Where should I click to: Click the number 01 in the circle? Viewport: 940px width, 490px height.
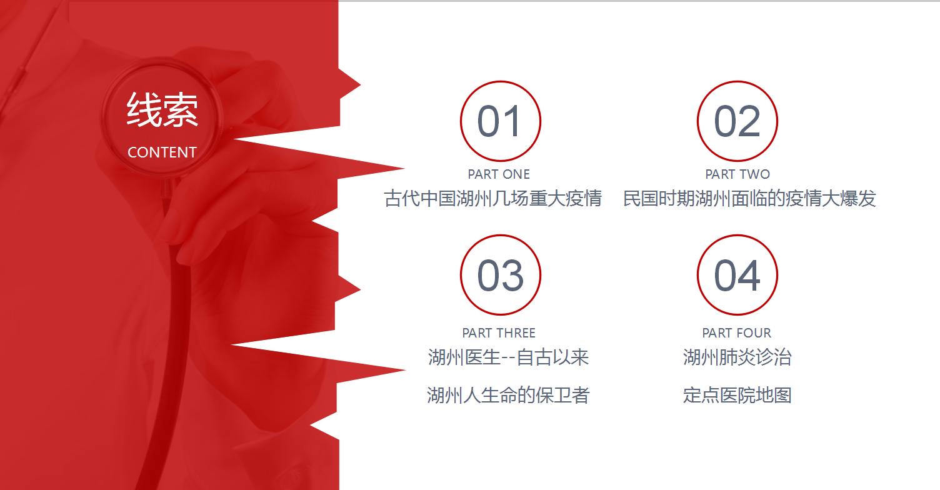pyautogui.click(x=499, y=121)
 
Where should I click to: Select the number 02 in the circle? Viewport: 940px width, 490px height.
pyautogui.click(x=737, y=121)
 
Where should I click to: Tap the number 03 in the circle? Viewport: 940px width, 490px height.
pyautogui.click(x=500, y=276)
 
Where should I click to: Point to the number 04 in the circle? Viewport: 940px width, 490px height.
pyautogui.click(x=737, y=276)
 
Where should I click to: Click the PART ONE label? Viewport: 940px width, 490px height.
pyautogui.click(x=499, y=174)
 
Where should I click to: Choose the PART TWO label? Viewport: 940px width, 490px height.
pyautogui.click(x=737, y=174)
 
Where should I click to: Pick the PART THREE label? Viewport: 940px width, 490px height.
pyautogui.click(x=499, y=333)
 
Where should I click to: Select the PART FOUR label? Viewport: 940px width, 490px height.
pyautogui.click(x=737, y=333)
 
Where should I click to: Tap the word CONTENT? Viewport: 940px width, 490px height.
pyautogui.click(x=162, y=152)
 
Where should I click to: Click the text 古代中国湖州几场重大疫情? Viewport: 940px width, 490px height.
pyautogui.click(x=492, y=199)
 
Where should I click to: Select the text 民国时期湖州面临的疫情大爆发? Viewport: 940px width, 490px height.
pyautogui.click(x=749, y=199)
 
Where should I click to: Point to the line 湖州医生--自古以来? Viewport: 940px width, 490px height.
pyautogui.click(x=508, y=357)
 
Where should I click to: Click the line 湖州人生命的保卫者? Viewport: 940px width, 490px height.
pyautogui.click(x=508, y=395)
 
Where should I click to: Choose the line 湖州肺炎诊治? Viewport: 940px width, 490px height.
pyautogui.click(x=737, y=357)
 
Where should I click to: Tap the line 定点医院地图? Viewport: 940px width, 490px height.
pyautogui.click(x=737, y=395)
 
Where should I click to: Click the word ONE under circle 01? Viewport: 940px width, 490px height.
pyautogui.click(x=516, y=174)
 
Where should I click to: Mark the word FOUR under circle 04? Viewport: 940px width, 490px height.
pyautogui.click(x=754, y=333)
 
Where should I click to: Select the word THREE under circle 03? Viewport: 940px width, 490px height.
pyautogui.click(x=516, y=333)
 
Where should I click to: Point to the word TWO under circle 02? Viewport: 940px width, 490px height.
pyautogui.click(x=755, y=174)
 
